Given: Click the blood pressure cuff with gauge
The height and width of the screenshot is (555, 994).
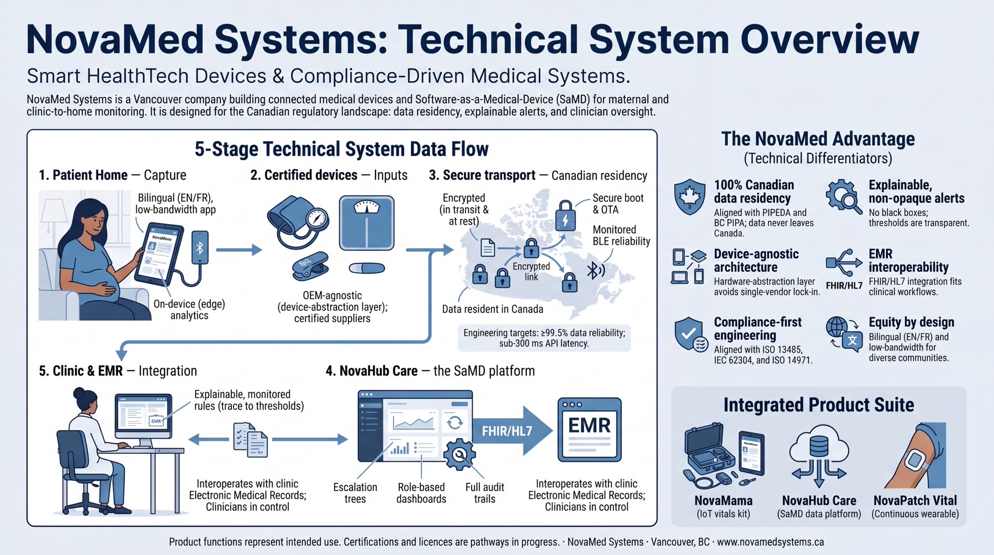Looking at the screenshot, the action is [x=298, y=221].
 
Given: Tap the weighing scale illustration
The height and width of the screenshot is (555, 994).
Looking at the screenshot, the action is [x=367, y=223].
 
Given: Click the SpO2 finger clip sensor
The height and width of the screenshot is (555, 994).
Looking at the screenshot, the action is [x=310, y=266].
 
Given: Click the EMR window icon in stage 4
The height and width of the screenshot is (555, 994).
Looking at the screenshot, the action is [x=589, y=429].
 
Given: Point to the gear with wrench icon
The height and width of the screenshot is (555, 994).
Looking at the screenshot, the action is [x=459, y=454].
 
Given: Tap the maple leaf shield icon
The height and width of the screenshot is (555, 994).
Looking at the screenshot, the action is [x=690, y=197].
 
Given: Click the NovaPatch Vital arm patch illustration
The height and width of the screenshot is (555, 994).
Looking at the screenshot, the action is [x=917, y=455].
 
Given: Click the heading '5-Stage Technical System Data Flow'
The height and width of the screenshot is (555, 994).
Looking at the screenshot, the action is [x=341, y=149].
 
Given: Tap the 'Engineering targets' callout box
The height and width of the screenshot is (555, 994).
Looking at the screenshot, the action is [x=544, y=338].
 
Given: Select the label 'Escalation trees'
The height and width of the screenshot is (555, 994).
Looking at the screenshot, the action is [x=355, y=493].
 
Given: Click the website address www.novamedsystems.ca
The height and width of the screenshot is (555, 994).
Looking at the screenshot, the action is [x=770, y=542].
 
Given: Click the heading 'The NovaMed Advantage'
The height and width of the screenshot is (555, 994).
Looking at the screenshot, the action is [x=818, y=139].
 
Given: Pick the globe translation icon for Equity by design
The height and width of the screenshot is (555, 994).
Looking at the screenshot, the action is [x=844, y=333].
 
